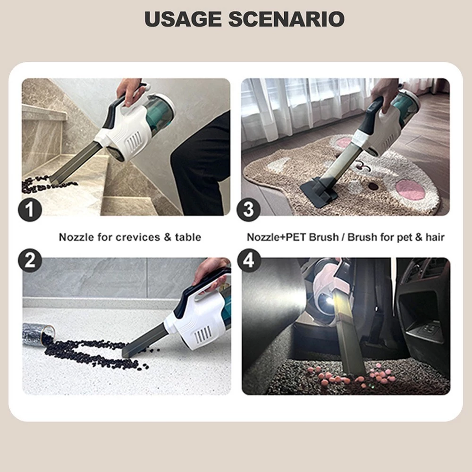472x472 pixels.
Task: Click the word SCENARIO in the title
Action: tap(287, 19)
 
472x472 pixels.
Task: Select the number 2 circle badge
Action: tap(30, 261)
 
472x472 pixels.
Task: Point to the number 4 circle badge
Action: tap(249, 261)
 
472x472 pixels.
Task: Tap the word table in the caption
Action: tap(188, 237)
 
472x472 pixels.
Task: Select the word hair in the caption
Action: tap(435, 237)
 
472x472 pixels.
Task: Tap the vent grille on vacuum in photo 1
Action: tap(134, 143)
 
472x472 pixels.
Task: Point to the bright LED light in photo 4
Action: tap(328, 301)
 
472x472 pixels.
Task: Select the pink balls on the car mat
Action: tap(352, 376)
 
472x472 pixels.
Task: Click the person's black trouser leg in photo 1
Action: tap(202, 166)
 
